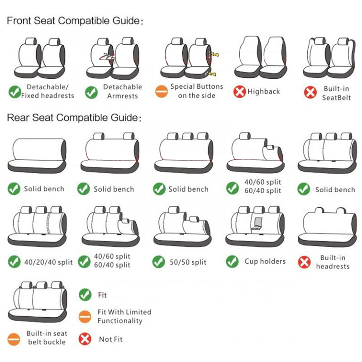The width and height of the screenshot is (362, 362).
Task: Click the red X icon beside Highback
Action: click(x=239, y=92)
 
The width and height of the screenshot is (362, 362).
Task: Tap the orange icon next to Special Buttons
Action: click(x=162, y=91)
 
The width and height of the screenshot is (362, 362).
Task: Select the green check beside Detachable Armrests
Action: click(x=91, y=92)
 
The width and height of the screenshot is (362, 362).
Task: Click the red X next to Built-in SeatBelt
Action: click(x=310, y=93)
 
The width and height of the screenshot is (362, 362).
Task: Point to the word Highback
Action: click(x=264, y=92)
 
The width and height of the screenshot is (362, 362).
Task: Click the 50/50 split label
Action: click(x=188, y=262)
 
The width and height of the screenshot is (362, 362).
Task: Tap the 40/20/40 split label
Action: click(x=48, y=262)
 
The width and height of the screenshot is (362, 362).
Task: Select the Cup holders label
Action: click(x=265, y=262)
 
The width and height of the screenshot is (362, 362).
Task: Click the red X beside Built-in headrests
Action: click(x=304, y=262)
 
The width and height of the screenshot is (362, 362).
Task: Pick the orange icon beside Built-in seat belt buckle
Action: click(x=14, y=339)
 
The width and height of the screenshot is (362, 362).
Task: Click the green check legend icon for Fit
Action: click(x=85, y=295)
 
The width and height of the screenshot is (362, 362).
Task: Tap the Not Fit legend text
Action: click(x=111, y=339)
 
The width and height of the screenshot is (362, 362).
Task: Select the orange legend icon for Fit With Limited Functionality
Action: click(x=85, y=316)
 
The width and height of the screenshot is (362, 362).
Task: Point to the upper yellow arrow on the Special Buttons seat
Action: click(x=214, y=55)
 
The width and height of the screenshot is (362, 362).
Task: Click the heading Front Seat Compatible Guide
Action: click(x=75, y=21)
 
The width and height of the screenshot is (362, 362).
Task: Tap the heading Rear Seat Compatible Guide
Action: click(x=74, y=118)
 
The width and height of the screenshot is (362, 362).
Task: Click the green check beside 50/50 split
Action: click(x=159, y=262)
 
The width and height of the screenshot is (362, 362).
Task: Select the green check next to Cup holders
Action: click(x=232, y=262)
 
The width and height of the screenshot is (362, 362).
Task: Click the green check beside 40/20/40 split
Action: click(x=14, y=262)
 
